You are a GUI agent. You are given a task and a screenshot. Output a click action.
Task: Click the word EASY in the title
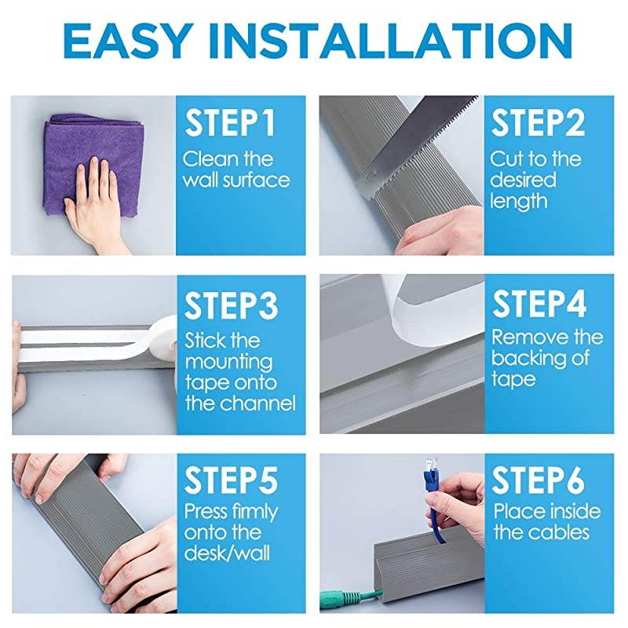[126, 41]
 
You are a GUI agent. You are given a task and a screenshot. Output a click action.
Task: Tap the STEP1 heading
[230, 123]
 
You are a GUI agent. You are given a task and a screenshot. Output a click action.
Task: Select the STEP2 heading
[538, 123]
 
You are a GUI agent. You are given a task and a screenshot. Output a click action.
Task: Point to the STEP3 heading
[231, 305]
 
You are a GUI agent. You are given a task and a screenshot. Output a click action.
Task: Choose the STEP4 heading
[539, 304]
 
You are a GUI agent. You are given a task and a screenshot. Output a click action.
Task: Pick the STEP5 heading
[231, 480]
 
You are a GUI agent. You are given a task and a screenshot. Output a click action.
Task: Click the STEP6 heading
[538, 480]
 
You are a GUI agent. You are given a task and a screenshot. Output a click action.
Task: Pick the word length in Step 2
[518, 202]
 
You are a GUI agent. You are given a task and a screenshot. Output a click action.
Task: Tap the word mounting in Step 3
[228, 363]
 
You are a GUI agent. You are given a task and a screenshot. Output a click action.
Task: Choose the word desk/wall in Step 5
[227, 553]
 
